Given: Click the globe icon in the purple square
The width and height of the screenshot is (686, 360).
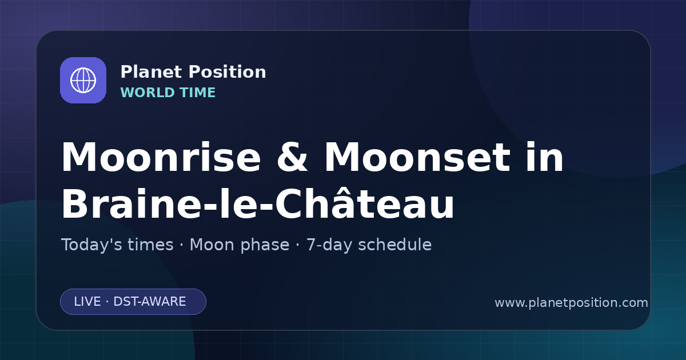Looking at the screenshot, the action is click(83, 80).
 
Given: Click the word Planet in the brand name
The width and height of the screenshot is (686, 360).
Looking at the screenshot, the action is click(151, 71).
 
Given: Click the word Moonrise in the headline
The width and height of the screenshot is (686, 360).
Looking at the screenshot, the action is click(161, 157).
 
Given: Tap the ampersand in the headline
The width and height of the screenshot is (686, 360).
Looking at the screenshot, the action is click(292, 157).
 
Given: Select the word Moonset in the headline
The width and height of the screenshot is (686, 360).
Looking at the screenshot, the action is click(417, 157).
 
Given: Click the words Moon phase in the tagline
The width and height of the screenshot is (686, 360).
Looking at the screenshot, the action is click(240, 245).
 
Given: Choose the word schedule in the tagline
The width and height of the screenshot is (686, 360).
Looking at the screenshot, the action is click(395, 245).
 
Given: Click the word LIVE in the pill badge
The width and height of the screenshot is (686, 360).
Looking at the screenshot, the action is click(87, 302).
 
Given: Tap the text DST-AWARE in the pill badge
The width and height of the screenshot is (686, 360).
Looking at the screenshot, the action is click(149, 302).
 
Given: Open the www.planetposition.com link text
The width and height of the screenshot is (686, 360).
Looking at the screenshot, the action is click(571, 303).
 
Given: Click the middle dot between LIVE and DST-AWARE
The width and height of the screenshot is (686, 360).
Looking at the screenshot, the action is click(107, 302).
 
